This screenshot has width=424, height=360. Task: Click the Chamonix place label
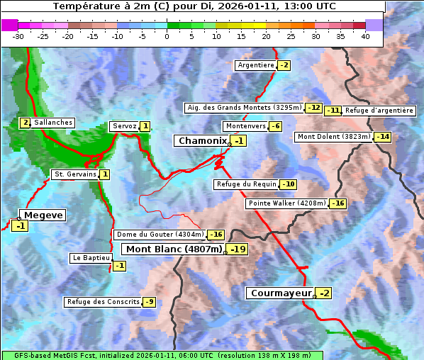pos(202,141)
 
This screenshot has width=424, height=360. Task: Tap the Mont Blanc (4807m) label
pos(174,249)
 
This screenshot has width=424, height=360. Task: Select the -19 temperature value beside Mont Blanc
pos(237,249)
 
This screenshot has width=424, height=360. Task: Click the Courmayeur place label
pos(281,293)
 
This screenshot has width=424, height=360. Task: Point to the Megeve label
pos(43,215)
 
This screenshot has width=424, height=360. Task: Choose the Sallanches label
pos(53,123)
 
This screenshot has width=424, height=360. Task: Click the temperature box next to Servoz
pos(145,126)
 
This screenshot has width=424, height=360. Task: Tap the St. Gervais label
pos(74,174)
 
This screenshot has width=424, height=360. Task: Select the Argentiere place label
pos(255,65)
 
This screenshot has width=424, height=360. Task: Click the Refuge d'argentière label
pos(379,111)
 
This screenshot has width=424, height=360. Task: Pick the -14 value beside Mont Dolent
pos(383,137)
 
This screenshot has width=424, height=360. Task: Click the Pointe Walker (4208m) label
pos(287,203)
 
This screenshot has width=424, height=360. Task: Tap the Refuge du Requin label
pos(246,184)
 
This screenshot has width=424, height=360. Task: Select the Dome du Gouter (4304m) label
pos(160,235)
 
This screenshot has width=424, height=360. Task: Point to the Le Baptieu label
pos(90,258)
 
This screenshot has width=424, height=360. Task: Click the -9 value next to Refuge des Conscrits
pos(149,302)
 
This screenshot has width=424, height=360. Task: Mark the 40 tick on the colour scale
pos(365,36)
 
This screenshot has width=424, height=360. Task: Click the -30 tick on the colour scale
pos(18,36)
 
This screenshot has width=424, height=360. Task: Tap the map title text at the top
pos(194,6)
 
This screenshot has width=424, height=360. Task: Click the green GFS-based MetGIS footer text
pos(162,355)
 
